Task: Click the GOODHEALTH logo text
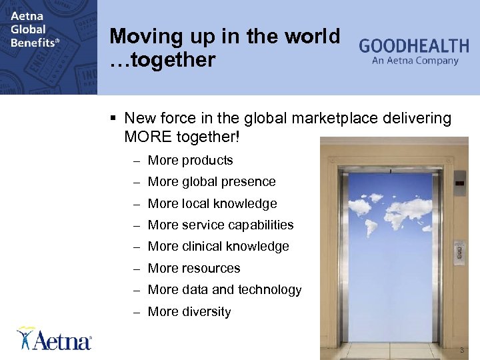414,46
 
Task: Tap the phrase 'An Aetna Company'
415,61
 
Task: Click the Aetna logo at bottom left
55,339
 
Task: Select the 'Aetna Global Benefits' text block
34,29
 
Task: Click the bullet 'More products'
190,160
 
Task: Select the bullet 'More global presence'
211,181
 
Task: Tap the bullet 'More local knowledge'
212,203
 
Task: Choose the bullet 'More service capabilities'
220,225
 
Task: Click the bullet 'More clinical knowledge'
218,246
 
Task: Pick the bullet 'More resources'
193,268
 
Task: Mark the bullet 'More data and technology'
224,289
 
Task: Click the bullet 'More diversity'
189,311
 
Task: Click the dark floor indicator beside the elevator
459,181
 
